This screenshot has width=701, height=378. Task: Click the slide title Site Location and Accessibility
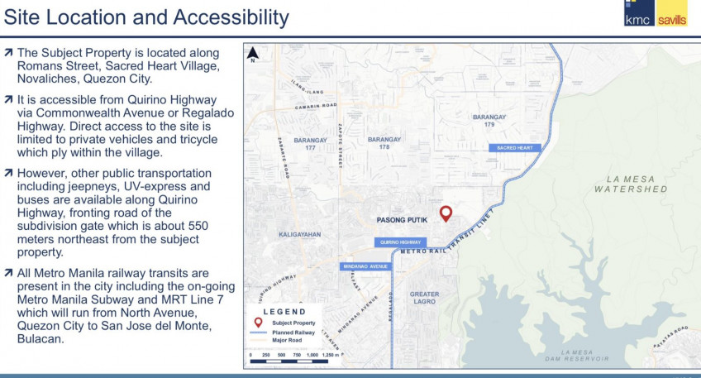147,17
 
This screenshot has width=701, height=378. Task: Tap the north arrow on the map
254,55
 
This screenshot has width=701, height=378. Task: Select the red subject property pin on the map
446,213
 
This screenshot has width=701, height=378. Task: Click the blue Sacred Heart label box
515,147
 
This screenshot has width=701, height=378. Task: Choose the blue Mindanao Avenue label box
365,266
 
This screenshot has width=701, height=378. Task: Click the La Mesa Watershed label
631,184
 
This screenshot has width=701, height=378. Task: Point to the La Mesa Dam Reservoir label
577,355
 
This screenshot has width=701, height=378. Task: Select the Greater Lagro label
425,297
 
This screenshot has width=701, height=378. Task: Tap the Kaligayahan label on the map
298,234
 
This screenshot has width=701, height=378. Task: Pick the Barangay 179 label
489,121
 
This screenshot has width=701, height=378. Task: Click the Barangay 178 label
384,143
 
